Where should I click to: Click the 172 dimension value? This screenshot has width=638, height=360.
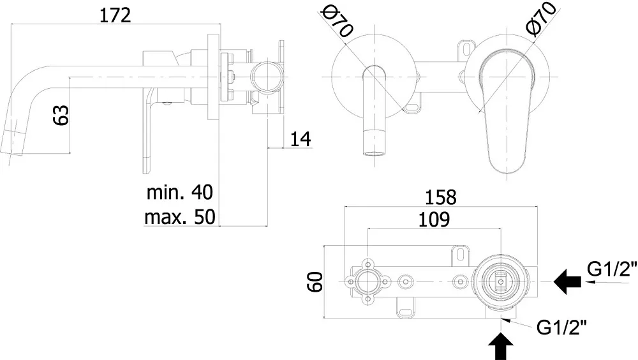click(115, 15)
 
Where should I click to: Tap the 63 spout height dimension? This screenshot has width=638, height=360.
click(61, 115)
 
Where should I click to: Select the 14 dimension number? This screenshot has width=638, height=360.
click(300, 139)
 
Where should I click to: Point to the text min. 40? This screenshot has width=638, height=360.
click(179, 192)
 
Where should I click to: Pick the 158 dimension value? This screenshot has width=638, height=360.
click(441, 197)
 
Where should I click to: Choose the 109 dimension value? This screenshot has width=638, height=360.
click(434, 220)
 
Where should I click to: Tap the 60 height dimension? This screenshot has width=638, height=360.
click(315, 282)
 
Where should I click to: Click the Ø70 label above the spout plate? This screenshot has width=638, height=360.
click(337, 23)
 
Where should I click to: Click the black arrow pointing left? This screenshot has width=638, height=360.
click(567, 281)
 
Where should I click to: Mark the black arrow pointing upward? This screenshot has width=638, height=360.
click(500, 346)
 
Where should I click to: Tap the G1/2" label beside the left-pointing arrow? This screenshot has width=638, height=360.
click(612, 269)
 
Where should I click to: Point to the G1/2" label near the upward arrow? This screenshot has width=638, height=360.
click(562, 327)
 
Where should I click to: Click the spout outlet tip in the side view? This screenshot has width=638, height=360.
click(11, 142)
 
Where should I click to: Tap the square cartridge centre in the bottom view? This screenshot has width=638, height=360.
click(500, 281)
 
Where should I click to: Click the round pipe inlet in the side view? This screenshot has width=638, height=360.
click(265, 77)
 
